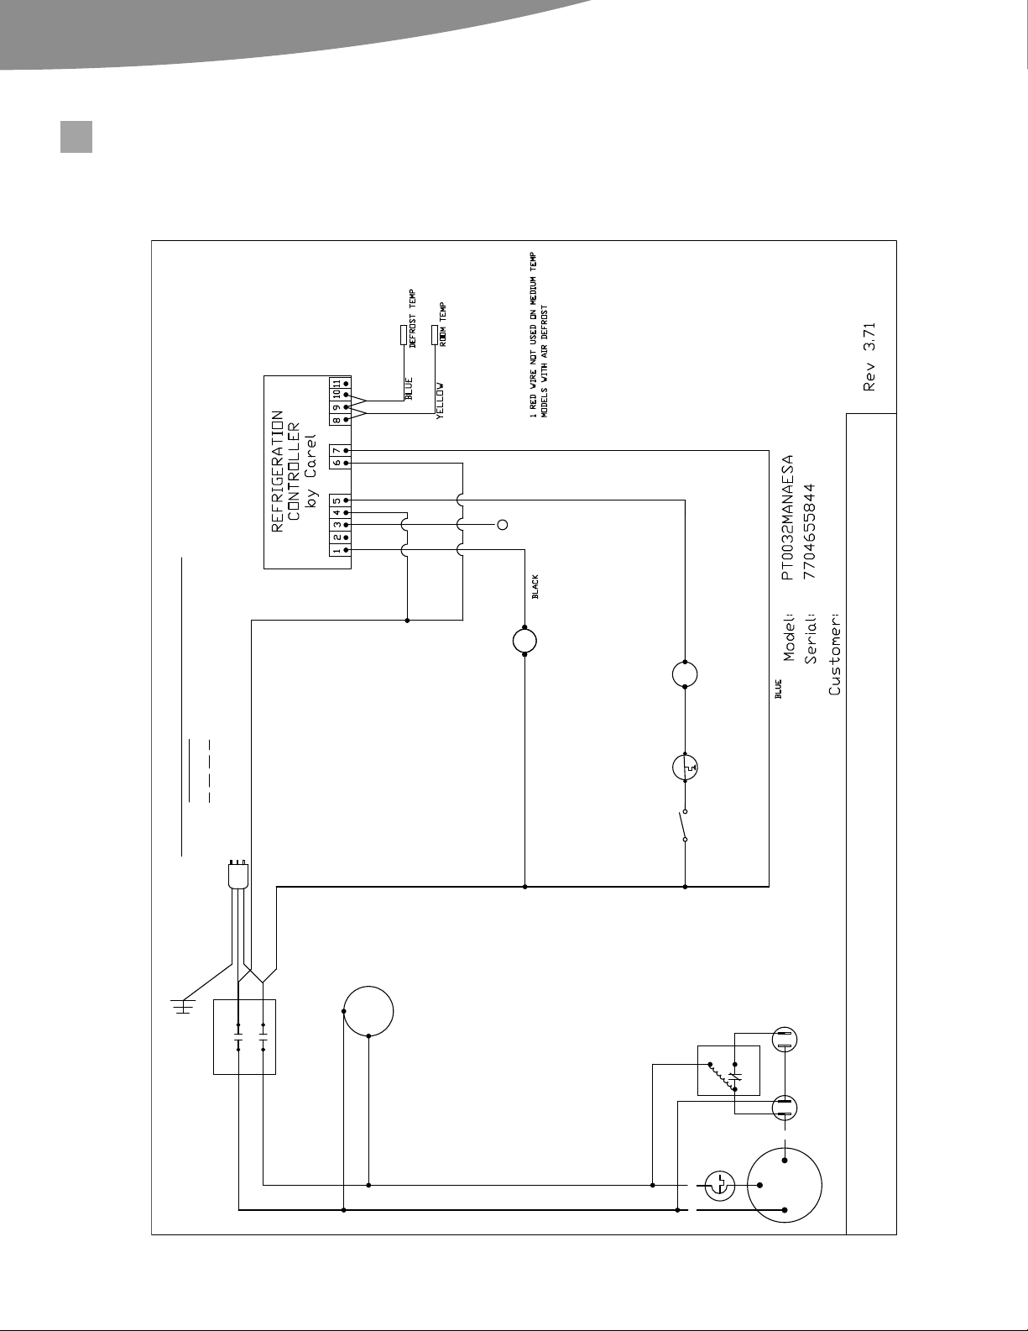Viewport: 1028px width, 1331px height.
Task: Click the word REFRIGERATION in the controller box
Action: (x=277, y=471)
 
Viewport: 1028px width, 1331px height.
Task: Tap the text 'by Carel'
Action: (x=311, y=471)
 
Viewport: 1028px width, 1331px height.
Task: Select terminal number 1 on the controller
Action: (x=337, y=550)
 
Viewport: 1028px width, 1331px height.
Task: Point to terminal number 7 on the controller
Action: (x=337, y=450)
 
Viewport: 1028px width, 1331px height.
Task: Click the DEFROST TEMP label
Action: (x=412, y=318)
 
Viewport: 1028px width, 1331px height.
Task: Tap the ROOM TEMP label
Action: (x=442, y=324)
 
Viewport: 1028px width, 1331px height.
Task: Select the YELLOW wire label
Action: (x=440, y=401)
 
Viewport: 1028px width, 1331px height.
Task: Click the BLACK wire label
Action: (x=535, y=586)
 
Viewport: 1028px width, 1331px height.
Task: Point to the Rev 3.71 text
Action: (x=869, y=357)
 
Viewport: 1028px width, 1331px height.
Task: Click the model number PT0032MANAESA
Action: (x=787, y=517)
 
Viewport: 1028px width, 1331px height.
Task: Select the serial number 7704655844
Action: (x=810, y=531)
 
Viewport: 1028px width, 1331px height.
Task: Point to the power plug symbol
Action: (x=238, y=875)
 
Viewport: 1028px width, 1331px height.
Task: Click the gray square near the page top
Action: (x=76, y=137)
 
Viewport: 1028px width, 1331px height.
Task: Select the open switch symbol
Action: (x=683, y=825)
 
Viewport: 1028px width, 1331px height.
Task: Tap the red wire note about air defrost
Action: (x=539, y=335)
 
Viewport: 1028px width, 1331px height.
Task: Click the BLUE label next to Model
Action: (x=779, y=689)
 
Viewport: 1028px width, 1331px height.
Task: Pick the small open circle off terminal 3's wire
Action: (x=503, y=525)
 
